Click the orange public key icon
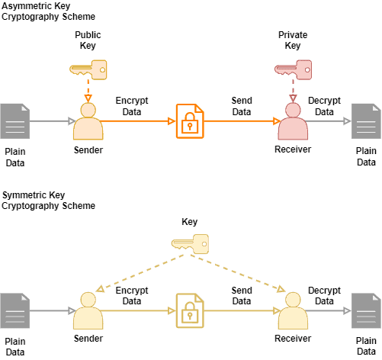click(x=88, y=69)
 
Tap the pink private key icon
click(x=293, y=71)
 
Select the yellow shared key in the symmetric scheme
click(x=190, y=244)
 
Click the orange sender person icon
click(x=88, y=121)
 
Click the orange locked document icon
click(x=190, y=121)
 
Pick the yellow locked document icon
click(x=190, y=310)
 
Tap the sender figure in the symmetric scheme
click(x=88, y=311)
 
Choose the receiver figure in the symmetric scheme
click(x=293, y=311)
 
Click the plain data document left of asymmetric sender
click(x=14, y=121)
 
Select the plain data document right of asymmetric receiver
click(x=366, y=121)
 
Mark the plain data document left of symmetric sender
click(x=14, y=311)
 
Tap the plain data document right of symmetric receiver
click(x=366, y=311)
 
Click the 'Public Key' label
click(x=88, y=40)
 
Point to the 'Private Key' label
click(x=293, y=40)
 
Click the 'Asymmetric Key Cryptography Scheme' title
click(x=47, y=11)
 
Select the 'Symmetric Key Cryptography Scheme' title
click(x=47, y=201)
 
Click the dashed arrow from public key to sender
click(x=88, y=91)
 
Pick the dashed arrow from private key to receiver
click(x=293, y=91)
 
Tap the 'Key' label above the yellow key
click(x=189, y=222)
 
